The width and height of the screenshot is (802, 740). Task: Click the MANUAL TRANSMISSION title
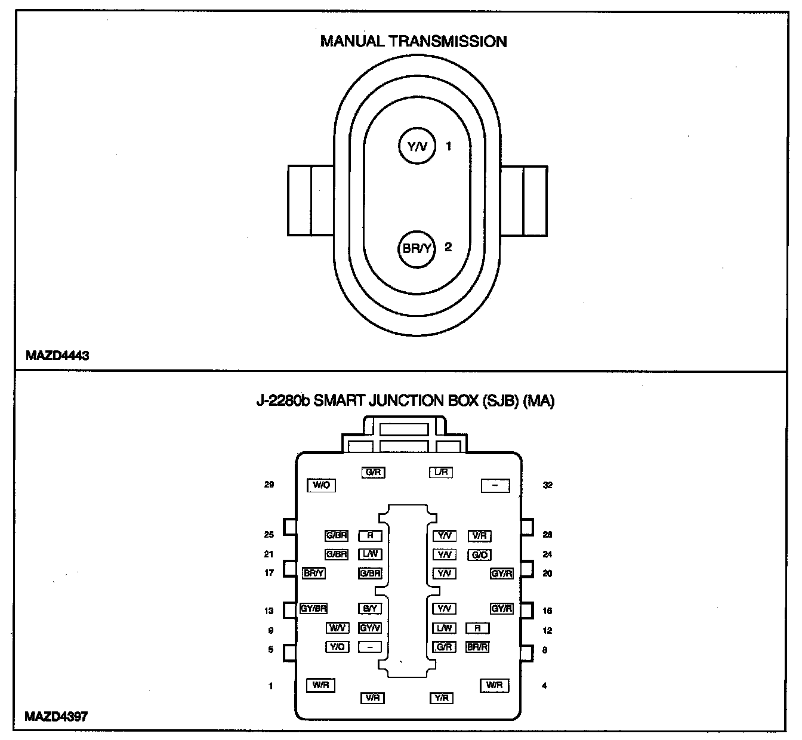(414, 41)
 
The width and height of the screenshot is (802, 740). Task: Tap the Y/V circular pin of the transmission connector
(418, 146)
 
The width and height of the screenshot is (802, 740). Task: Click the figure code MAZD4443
(57, 356)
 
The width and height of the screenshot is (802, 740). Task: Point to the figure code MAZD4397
(56, 716)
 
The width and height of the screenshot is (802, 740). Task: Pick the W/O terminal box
(321, 485)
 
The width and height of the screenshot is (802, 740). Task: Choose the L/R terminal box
(442, 472)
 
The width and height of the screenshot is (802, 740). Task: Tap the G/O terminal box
(480, 555)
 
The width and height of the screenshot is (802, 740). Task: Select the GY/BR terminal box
(314, 609)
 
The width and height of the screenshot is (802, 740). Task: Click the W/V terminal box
(337, 628)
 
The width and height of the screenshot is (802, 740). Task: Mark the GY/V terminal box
(370, 628)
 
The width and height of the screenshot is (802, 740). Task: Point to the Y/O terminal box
(337, 647)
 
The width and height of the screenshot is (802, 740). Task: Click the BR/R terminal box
(477, 647)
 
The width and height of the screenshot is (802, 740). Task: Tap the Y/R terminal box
(442, 698)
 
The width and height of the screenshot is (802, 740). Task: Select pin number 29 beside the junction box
(269, 485)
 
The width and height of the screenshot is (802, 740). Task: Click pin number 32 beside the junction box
(548, 485)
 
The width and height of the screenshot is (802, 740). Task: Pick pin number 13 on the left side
(269, 610)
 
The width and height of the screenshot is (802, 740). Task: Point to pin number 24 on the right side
(547, 554)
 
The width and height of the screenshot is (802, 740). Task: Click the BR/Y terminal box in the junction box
(314, 573)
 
